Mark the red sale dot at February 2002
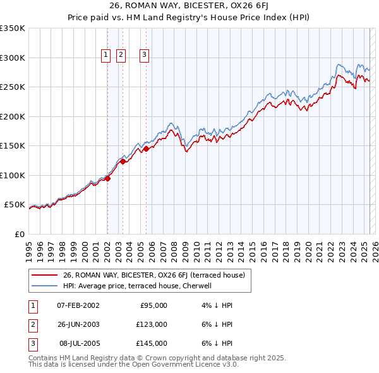tap(107, 178)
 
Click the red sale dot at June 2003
tap(123, 162)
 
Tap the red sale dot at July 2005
tap(146, 149)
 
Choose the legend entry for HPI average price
tap(140, 286)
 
